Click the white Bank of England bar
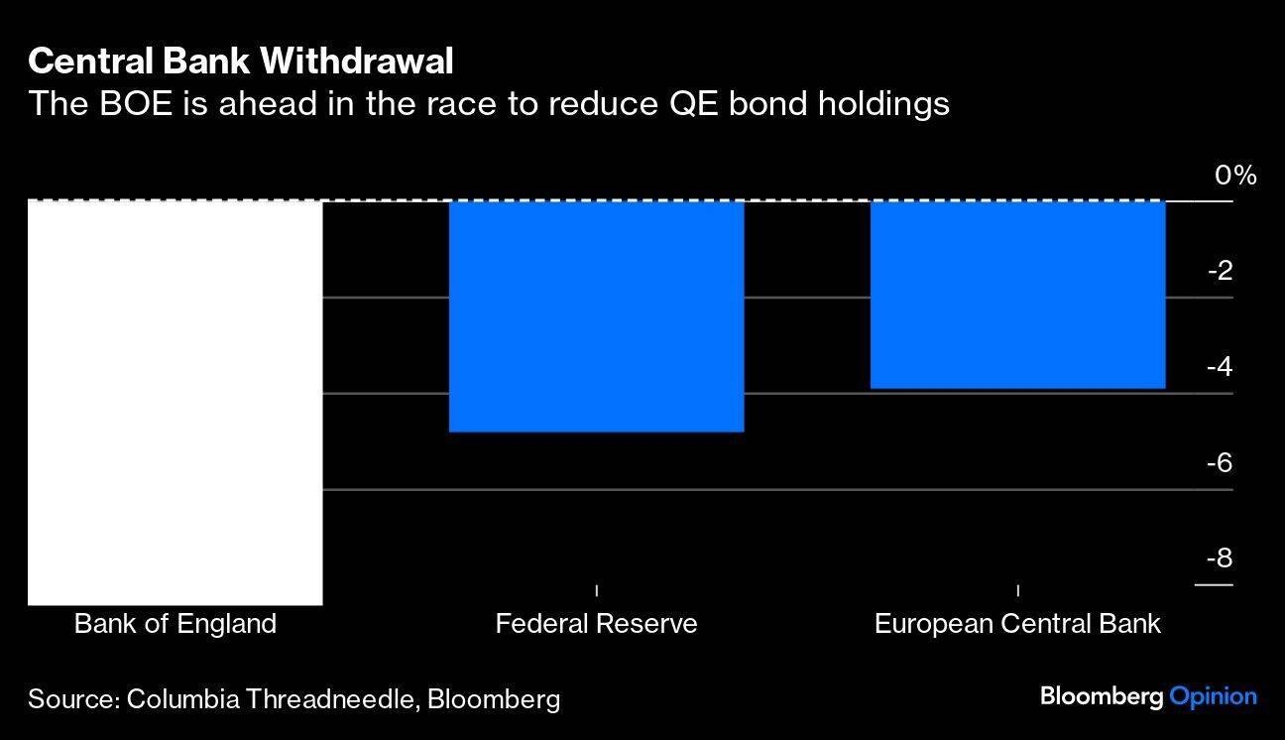175,402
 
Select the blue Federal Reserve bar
596,315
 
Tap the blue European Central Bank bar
1017,294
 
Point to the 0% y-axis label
1234,177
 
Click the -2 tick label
1219,271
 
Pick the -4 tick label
1219,367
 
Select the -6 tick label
1219,463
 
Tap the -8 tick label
1219,558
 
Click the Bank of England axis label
175,624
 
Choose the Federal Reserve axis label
596,624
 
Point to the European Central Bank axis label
1017,624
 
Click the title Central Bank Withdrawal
241,62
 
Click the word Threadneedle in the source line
337,699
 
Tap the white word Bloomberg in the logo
1101,696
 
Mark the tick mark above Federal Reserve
596,590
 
